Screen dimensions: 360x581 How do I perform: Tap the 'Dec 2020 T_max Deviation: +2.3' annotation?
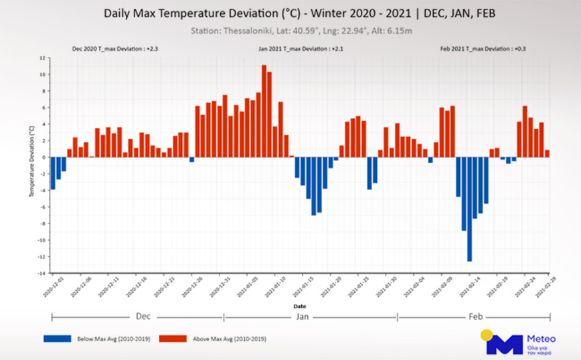pyautogui.click(x=114, y=50)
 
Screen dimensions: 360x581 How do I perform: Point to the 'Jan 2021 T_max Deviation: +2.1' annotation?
pyautogui.click(x=300, y=50)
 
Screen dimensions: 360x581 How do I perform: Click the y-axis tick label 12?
pyautogui.click(x=41, y=58)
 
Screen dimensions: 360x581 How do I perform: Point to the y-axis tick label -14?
pyautogui.click(x=41, y=274)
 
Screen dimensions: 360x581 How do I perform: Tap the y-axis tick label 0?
pyautogui.click(x=43, y=157)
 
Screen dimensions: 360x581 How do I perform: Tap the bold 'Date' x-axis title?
pyautogui.click(x=300, y=306)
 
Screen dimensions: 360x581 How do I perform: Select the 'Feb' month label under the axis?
pyautogui.click(x=475, y=316)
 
